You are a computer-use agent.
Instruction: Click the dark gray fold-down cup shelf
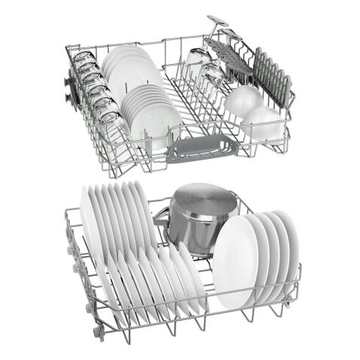pyautogui.click(x=230, y=56)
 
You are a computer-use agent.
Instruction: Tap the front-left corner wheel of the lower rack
pyautogui.click(x=97, y=331)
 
